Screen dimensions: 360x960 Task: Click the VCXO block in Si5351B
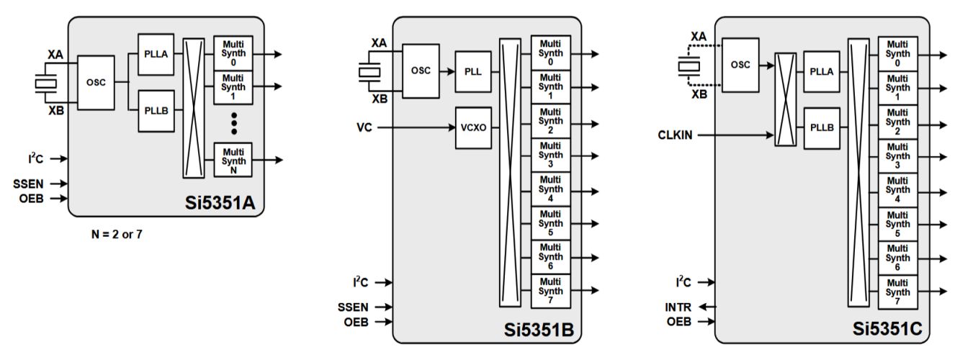click(473, 127)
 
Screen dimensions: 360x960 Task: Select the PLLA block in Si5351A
click(155, 54)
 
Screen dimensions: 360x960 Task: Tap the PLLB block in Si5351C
click(822, 127)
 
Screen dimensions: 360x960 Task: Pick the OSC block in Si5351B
click(421, 71)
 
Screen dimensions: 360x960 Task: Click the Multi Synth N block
click(233, 160)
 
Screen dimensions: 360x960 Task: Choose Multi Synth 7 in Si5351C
click(897, 292)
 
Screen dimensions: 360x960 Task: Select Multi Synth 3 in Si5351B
click(551, 156)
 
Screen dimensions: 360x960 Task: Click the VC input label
click(364, 127)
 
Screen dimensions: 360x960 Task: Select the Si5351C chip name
click(886, 330)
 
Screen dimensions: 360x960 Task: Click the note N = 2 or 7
click(113, 234)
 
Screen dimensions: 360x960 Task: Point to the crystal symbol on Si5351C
click(688, 66)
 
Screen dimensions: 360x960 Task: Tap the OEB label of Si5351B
click(355, 322)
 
